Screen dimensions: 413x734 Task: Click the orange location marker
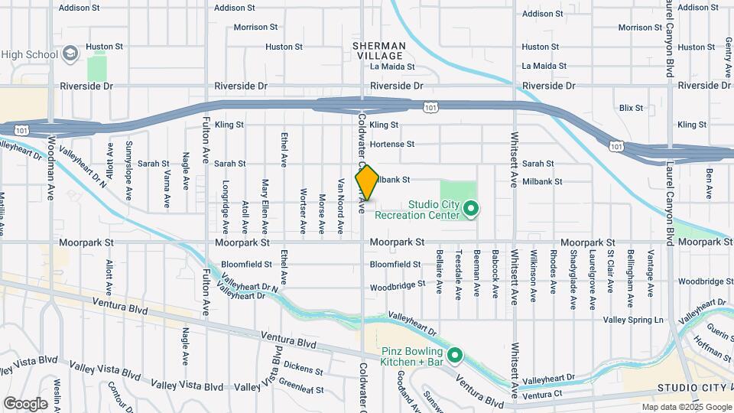pyautogui.click(x=367, y=184)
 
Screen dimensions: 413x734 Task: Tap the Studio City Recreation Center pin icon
pyautogui.click(x=471, y=207)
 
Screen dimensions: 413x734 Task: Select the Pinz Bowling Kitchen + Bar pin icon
pyautogui.click(x=456, y=356)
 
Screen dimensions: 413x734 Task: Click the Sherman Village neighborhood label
pyautogui.click(x=378, y=51)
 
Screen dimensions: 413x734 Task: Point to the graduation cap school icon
pyautogui.click(x=70, y=54)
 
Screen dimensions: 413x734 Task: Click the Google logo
pyautogui.click(x=25, y=403)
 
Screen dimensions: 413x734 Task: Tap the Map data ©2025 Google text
pyautogui.click(x=687, y=407)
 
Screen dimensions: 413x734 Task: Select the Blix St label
pyautogui.click(x=632, y=109)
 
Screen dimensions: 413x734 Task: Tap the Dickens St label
pyautogui.click(x=304, y=370)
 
